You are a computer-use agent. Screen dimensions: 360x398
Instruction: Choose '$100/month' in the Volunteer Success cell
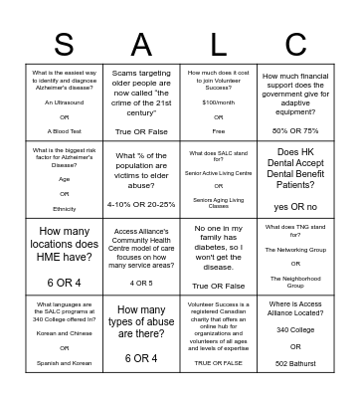coord(219,101)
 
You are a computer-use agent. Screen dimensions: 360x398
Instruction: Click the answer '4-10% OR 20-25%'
coord(141,204)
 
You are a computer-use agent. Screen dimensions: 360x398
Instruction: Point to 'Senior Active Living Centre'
coord(219,173)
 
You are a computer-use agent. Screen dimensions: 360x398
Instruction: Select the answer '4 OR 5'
coord(141,283)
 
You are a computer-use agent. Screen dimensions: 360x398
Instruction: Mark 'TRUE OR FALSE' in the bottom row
coord(219,362)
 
